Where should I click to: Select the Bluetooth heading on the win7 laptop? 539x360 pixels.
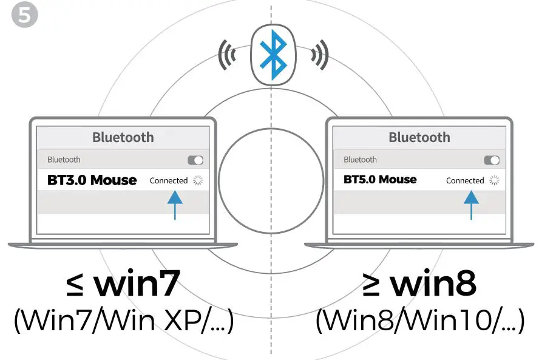(123, 137)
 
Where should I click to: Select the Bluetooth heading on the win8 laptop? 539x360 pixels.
(419, 137)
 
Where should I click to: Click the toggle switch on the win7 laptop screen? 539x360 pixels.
(195, 160)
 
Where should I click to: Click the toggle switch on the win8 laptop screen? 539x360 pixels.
(492, 160)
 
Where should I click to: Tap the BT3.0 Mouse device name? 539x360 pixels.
(92, 180)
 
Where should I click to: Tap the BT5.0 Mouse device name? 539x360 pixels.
(380, 180)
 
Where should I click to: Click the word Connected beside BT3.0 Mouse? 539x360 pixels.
(169, 180)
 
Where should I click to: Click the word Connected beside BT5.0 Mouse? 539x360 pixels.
(465, 180)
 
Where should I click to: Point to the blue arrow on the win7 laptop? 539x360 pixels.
(175, 204)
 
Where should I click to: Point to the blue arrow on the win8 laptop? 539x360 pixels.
(471, 204)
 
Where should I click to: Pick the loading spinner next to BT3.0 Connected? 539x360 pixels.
(198, 180)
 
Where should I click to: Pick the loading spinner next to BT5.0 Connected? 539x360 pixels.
(494, 180)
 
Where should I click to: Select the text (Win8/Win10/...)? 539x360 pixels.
(419, 322)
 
